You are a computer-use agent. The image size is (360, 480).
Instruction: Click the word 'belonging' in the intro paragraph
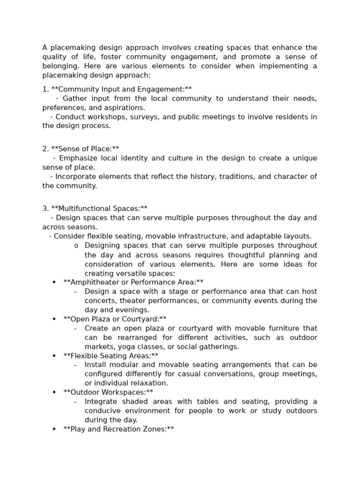coord(60,66)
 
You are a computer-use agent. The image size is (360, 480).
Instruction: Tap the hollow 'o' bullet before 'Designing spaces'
coord(76,246)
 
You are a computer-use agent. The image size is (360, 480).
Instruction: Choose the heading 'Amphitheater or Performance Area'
coord(133,282)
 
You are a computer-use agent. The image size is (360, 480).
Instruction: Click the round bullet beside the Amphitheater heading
coord(54,282)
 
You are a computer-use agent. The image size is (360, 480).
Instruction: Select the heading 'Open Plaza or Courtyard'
coord(115,319)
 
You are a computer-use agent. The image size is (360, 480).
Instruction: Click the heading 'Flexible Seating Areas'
coord(111,356)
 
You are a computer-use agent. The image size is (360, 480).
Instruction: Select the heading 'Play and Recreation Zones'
coord(119,429)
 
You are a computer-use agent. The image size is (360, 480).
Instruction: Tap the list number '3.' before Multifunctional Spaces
coord(45,209)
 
